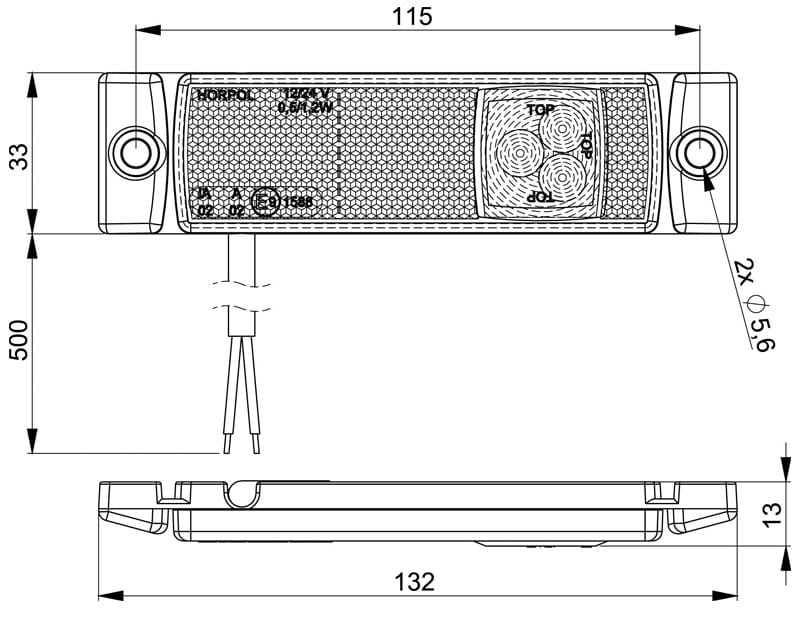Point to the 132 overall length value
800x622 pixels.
tap(414, 581)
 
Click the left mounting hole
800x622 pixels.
tap(133, 152)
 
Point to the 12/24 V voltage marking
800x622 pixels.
tap(305, 93)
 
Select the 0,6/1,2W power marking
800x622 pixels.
tap(305, 106)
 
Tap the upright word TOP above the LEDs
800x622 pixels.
tap(540, 107)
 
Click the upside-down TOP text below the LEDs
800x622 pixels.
tap(540, 198)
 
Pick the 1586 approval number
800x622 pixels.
tap(297, 202)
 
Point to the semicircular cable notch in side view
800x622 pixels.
tap(242, 490)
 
